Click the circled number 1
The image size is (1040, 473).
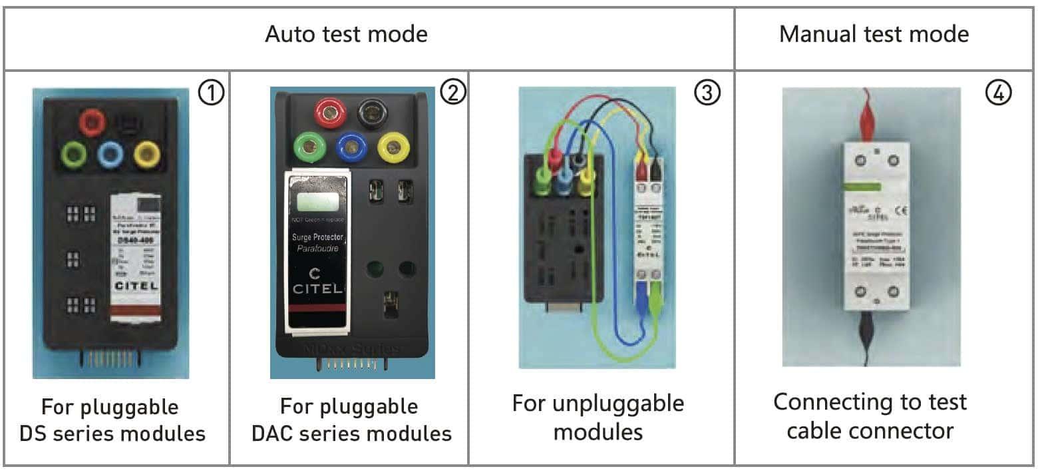(x=212, y=93)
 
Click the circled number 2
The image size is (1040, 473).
(x=452, y=93)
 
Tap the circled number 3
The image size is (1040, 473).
(x=707, y=93)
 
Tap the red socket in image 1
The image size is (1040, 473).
(x=92, y=123)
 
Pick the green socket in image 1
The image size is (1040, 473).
(x=73, y=155)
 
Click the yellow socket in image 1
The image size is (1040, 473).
(x=146, y=155)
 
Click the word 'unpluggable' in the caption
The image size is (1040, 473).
(x=598, y=403)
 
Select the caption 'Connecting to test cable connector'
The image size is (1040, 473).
(x=870, y=416)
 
